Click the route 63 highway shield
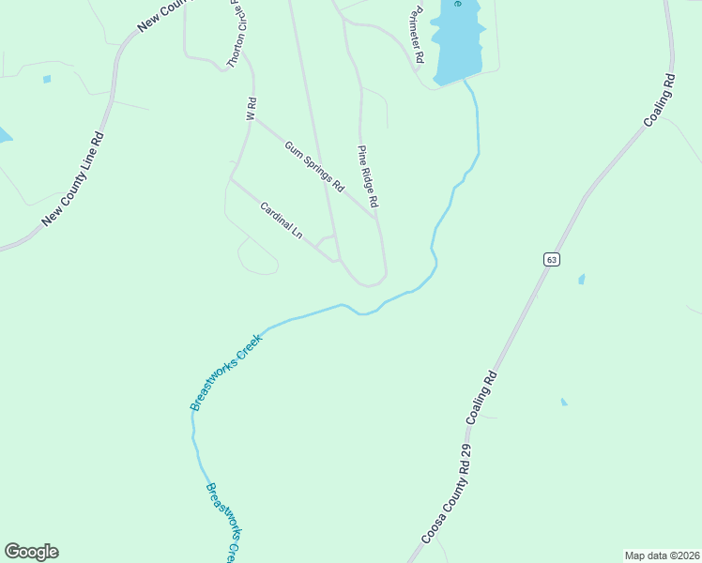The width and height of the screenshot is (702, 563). tap(551, 259)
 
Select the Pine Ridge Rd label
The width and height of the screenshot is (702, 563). tap(367, 175)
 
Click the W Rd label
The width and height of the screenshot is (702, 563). tap(251, 109)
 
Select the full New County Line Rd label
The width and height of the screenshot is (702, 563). tap(73, 179)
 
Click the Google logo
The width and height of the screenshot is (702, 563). tap(31, 552)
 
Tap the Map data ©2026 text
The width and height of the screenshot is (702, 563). tap(662, 555)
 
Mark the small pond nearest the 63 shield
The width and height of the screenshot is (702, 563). tap(582, 280)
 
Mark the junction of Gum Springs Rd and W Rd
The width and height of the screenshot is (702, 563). tap(255, 118)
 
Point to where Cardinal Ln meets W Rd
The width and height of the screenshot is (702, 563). tap(232, 179)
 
